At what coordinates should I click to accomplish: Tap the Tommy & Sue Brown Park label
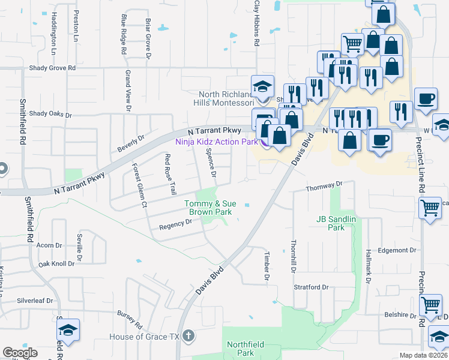[x=208, y=208]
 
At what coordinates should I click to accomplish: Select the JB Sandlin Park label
[x=336, y=224]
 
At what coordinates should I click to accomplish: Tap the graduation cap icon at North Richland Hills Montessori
[x=262, y=86]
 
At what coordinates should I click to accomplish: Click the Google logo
[x=20, y=353]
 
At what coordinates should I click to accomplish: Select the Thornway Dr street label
[x=324, y=187]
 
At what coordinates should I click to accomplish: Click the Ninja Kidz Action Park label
[x=217, y=142]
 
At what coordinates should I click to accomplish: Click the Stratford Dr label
[x=311, y=287]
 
